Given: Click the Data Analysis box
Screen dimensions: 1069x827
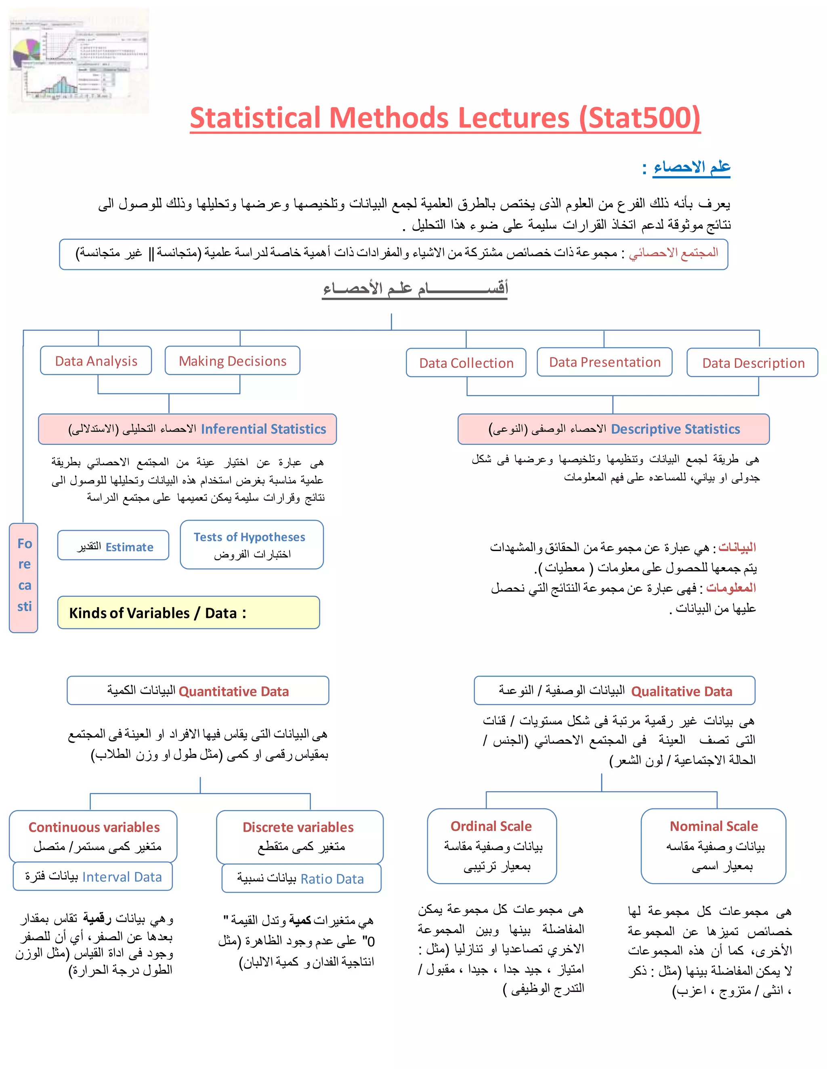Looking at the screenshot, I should point(96,361).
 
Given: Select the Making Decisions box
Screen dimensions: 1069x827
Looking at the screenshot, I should point(232,361).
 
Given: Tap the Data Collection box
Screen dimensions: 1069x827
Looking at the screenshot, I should point(466,363).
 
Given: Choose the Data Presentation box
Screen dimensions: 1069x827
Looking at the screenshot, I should point(604,362).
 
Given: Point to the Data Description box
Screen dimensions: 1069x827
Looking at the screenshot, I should point(753,363).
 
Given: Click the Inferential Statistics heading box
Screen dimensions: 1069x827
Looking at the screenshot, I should point(188,429).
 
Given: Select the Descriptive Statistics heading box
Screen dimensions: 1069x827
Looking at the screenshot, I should point(613,429).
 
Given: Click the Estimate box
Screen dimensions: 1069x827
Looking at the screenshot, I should point(113,546).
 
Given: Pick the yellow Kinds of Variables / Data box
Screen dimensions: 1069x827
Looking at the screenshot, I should point(189,613).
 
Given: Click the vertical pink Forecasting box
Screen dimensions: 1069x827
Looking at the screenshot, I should point(23,578).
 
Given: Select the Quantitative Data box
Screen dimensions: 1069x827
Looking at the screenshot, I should point(198,691).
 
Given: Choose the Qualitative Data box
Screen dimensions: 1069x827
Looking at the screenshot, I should point(614,691).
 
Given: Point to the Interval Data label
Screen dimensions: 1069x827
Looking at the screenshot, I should point(93,877).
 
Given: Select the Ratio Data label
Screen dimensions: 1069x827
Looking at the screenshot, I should point(301,879).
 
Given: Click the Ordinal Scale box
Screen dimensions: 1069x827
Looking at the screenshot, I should point(492,846).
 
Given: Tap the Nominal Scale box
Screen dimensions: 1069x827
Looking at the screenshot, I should point(714,846).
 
